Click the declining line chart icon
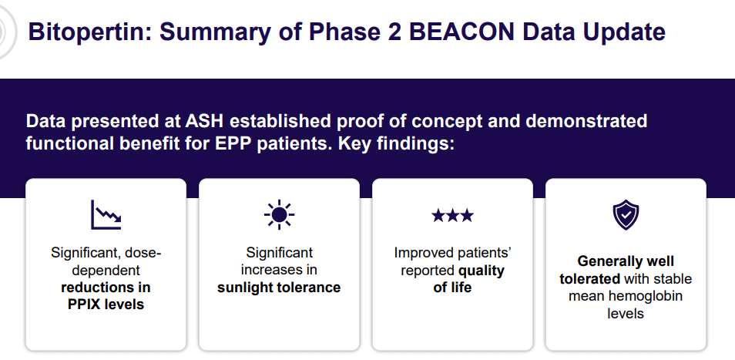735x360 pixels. coord(106,214)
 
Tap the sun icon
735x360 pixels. coord(280,214)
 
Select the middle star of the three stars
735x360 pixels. coord(452,216)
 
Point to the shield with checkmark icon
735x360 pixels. coord(626,214)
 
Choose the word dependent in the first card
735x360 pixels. coord(106,271)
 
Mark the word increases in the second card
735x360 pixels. coord(271,270)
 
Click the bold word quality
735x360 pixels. coord(481,271)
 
